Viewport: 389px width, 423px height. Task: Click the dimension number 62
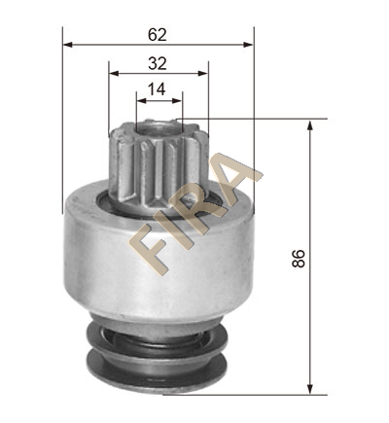click(158, 35)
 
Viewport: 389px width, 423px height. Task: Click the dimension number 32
click(158, 63)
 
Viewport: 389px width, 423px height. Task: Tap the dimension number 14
click(157, 89)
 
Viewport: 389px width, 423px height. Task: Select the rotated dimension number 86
click(299, 258)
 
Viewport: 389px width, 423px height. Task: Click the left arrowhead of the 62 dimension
click(67, 45)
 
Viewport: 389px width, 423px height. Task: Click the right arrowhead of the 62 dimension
click(248, 45)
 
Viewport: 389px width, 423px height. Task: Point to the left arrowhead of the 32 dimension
click(114, 73)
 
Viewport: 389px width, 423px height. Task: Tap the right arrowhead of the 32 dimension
click(202, 73)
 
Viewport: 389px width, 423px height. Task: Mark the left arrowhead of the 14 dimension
click(141, 101)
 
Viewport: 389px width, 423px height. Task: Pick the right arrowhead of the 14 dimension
click(177, 101)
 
